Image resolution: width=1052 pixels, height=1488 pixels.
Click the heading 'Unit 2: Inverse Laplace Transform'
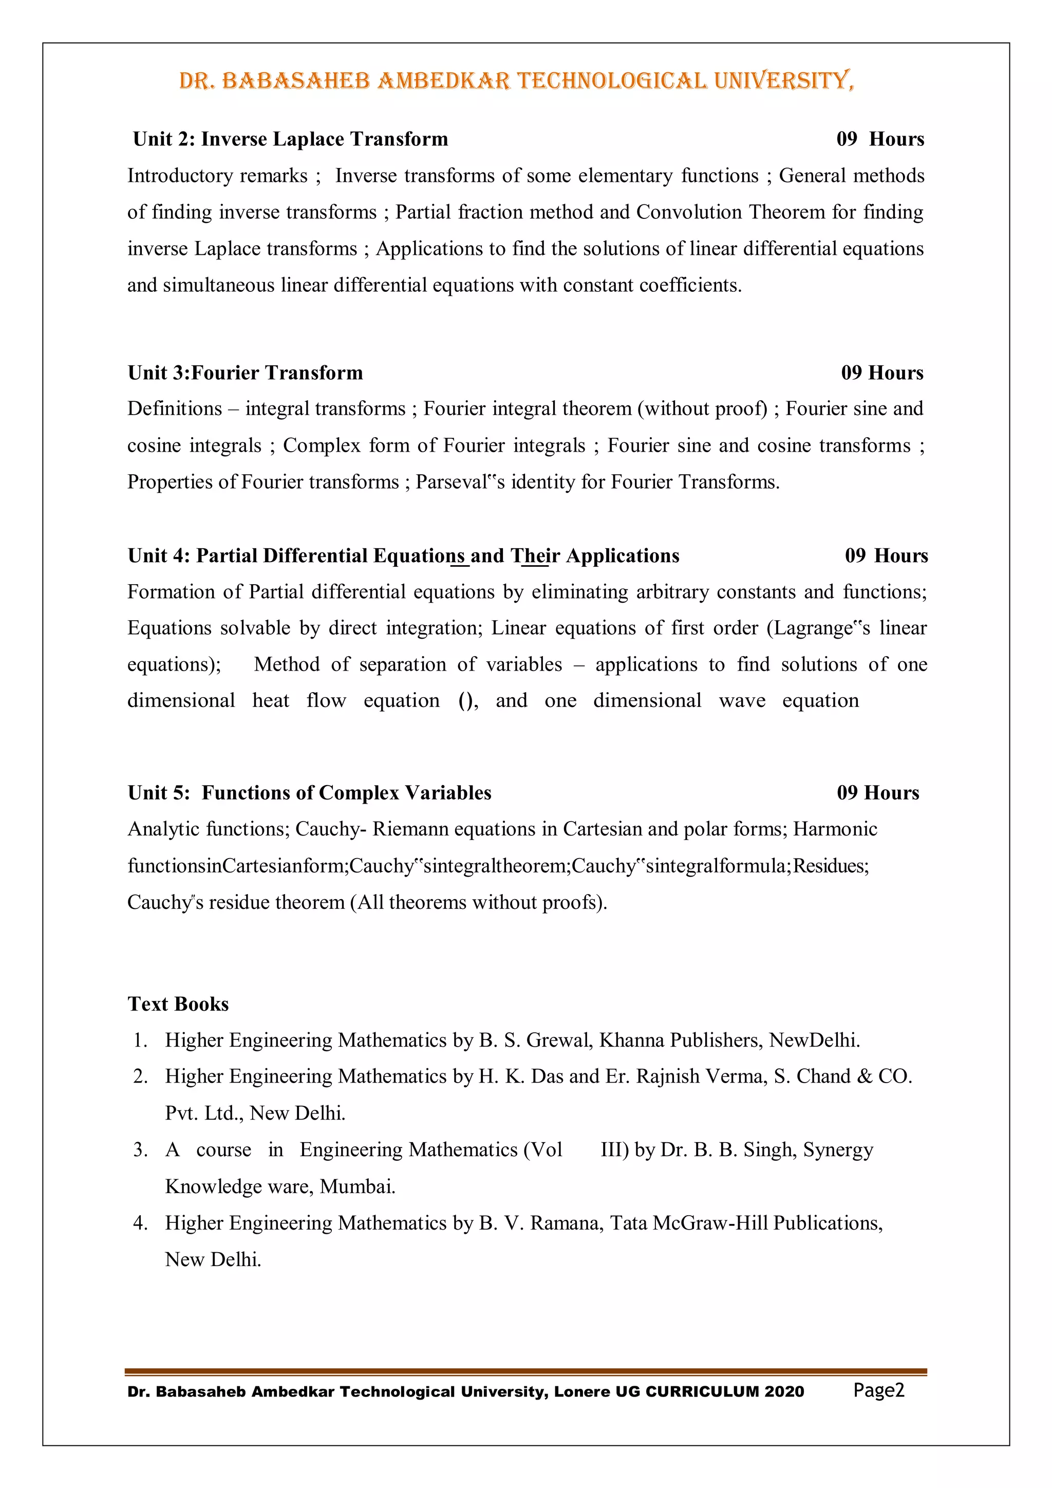pos(290,139)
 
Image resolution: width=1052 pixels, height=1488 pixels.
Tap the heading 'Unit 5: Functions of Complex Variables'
pos(310,793)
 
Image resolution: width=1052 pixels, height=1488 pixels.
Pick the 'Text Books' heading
pos(178,1004)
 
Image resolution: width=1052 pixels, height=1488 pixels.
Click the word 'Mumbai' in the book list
pos(357,1186)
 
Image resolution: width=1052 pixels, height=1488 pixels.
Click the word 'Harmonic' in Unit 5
pos(835,829)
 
